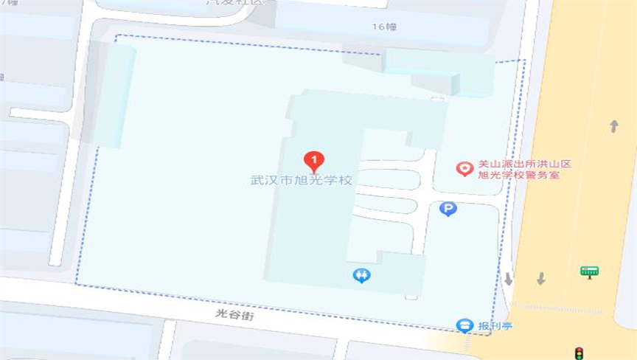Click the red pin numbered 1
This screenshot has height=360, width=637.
point(314,159)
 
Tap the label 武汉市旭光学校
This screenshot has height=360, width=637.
point(301,180)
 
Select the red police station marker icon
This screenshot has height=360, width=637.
point(464,169)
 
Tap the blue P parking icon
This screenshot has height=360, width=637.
point(448,210)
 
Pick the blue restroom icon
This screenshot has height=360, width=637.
point(361,276)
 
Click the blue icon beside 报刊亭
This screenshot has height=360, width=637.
point(464,325)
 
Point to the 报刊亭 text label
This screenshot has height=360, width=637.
point(495,325)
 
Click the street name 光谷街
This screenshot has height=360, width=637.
point(234,314)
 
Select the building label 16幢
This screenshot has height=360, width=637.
point(384,27)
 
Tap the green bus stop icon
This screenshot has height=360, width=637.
point(589,271)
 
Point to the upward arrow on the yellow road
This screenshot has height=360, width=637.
point(613,126)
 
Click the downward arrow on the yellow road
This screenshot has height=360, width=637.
point(540,279)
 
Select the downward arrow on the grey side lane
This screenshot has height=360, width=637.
point(508,279)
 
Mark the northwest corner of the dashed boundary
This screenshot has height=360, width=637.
point(116,35)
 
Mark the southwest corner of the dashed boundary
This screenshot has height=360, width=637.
point(76,283)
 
